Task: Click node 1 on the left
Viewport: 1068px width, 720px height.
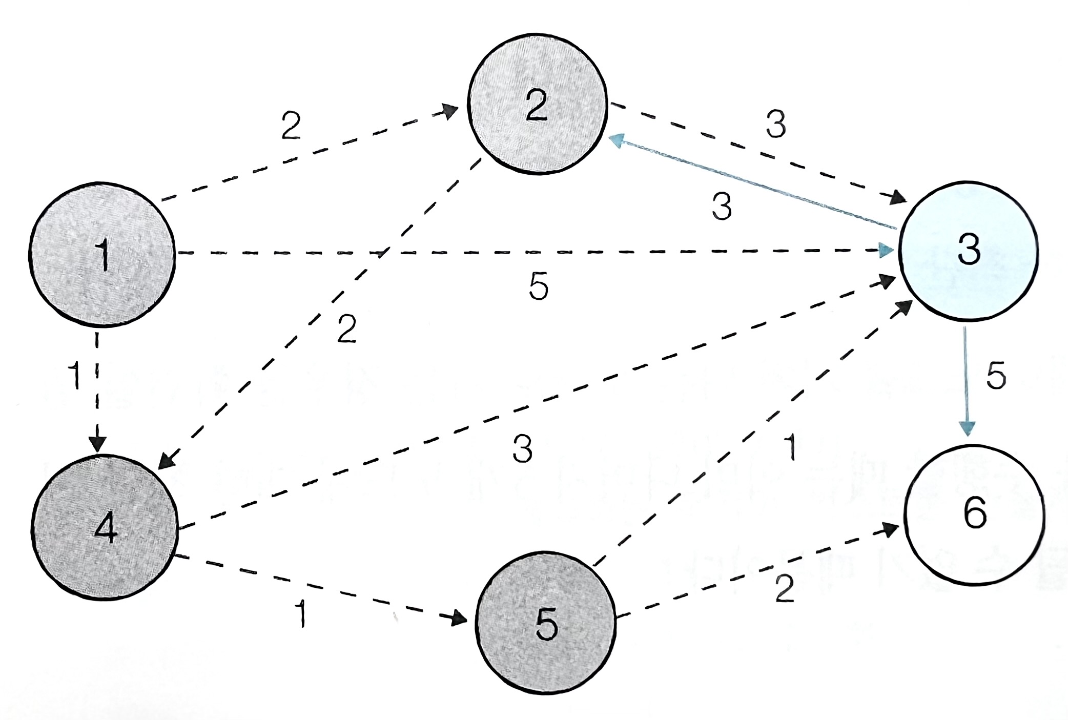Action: click(102, 254)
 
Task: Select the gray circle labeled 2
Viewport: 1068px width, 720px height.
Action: click(537, 105)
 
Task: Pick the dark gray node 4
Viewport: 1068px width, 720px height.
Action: click(105, 528)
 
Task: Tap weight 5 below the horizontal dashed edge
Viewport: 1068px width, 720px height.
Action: click(539, 286)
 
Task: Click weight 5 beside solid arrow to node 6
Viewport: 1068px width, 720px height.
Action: click(996, 376)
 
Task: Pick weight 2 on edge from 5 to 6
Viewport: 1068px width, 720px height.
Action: click(785, 589)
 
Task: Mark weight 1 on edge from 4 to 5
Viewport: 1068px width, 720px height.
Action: click(302, 613)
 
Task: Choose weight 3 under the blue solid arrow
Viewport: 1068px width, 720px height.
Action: click(722, 207)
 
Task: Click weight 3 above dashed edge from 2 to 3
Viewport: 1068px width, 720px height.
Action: click(776, 125)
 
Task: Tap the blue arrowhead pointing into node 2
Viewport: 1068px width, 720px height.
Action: click(617, 140)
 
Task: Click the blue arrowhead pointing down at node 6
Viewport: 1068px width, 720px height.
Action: click(967, 428)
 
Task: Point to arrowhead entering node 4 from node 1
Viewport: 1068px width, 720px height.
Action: click(97, 444)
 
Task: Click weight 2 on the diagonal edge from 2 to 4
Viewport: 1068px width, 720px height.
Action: click(347, 330)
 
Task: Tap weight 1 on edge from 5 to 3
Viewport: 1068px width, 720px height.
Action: click(791, 447)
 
